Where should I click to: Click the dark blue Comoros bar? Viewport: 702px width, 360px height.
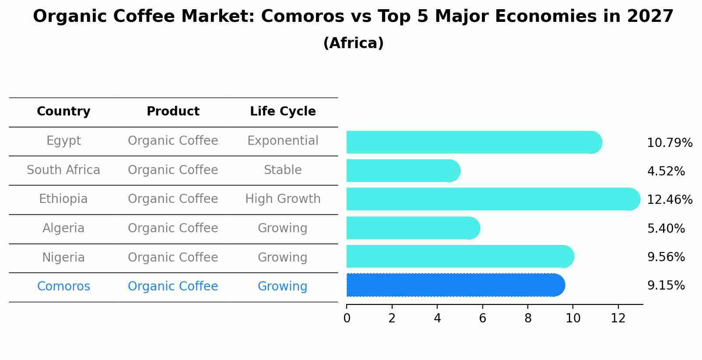point(455,285)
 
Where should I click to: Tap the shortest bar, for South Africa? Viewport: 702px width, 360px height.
point(403,171)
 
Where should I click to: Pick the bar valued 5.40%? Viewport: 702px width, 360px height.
point(413,228)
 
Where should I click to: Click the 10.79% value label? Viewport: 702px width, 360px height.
point(669,143)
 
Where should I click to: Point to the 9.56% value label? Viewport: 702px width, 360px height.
point(666,257)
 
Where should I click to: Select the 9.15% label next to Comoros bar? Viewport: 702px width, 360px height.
point(666,286)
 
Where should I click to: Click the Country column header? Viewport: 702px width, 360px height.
point(63,112)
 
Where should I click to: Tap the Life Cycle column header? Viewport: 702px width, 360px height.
point(283,112)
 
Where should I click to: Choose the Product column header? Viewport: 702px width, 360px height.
point(173,112)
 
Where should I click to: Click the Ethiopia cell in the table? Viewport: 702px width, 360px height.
point(63,199)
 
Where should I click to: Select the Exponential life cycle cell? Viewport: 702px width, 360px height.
point(283,141)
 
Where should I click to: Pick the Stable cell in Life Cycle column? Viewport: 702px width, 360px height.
point(283,170)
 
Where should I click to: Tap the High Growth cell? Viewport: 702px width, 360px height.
point(283,199)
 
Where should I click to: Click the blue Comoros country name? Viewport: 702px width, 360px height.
point(63,287)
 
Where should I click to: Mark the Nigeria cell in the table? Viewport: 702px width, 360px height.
point(63,258)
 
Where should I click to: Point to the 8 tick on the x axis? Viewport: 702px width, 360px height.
point(528,318)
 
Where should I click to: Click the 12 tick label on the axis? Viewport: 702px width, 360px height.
point(618,318)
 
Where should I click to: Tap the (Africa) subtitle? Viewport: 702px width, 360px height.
point(353,43)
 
